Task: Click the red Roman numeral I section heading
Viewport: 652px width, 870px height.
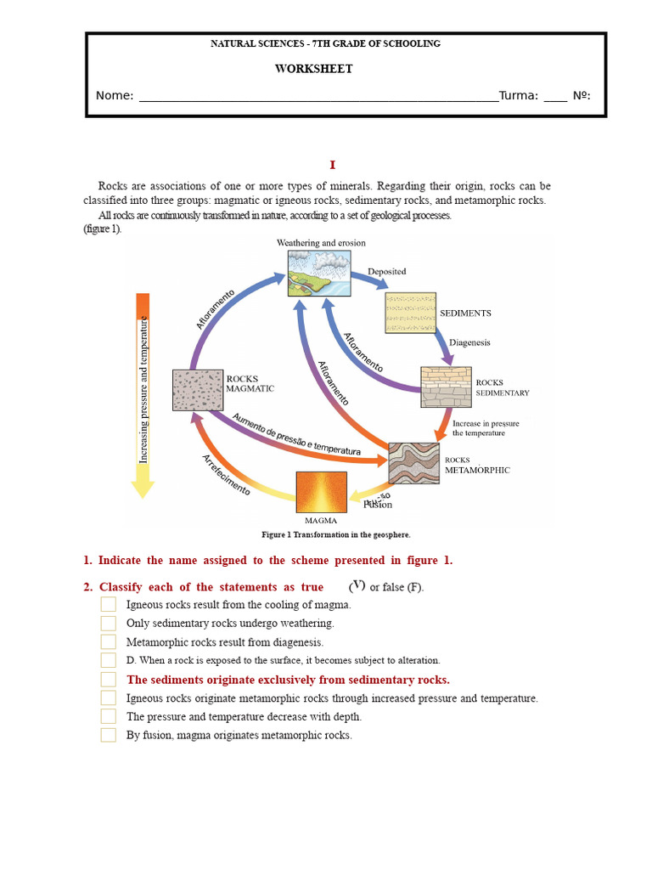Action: pos(333,165)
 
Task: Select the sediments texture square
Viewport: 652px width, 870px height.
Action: pos(411,313)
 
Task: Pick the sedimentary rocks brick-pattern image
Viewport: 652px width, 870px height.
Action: pos(446,387)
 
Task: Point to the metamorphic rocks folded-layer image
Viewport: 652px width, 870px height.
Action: pos(413,464)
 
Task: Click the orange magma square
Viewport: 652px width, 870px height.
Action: pos(321,492)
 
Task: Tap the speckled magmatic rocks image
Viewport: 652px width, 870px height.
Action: pos(198,390)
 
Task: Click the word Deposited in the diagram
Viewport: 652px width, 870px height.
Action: pos(386,272)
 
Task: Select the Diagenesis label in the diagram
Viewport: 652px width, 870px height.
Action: pos(469,343)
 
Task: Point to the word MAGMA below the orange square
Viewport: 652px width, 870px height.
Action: pos(321,521)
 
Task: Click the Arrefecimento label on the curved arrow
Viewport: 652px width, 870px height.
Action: pos(226,475)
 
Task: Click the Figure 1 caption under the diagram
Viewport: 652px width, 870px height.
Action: pos(336,535)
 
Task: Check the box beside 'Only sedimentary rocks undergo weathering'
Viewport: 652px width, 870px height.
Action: pos(109,624)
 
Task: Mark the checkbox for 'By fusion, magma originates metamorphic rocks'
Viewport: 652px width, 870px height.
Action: pos(109,735)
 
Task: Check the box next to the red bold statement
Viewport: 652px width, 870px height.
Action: pos(109,680)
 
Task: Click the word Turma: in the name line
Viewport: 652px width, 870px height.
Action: pos(518,95)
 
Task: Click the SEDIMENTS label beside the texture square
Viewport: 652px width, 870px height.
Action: pos(465,314)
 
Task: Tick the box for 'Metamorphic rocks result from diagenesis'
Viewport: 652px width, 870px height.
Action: pos(109,642)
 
